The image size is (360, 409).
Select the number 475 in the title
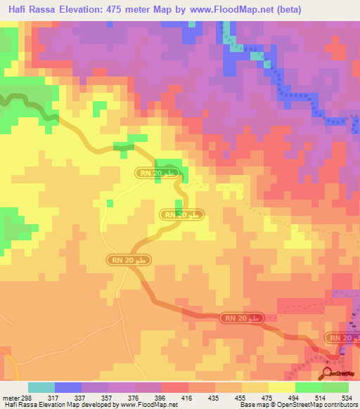tap(124, 10)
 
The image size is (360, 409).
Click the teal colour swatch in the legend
tap(41, 387)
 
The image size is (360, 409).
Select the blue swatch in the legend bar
tap(68, 387)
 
